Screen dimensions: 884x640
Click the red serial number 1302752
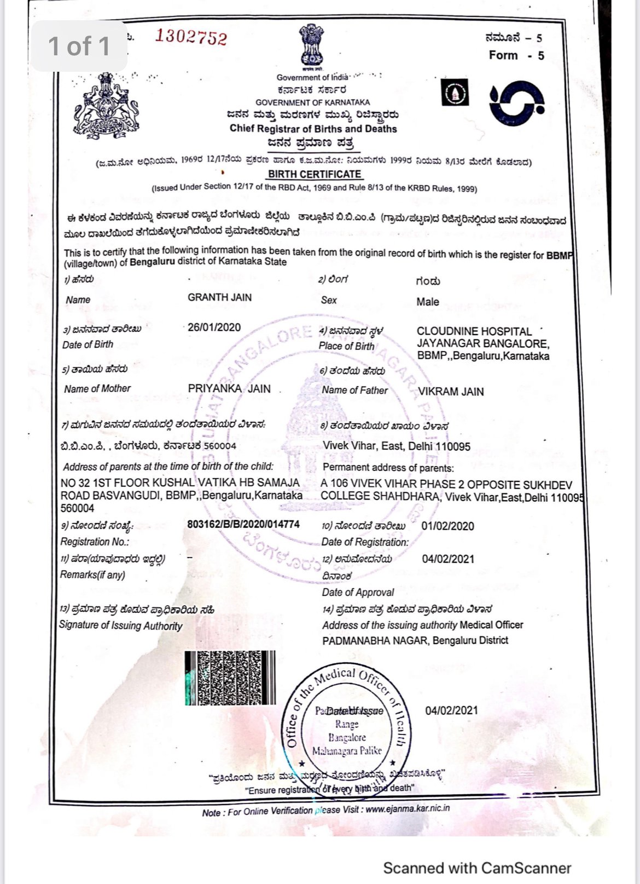pyautogui.click(x=190, y=37)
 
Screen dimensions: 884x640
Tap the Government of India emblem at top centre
pyautogui.click(x=311, y=46)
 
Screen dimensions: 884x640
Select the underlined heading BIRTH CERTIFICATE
pyautogui.click(x=315, y=174)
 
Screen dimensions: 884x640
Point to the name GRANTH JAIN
pyautogui.click(x=219, y=297)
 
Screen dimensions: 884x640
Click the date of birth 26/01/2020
pyautogui.click(x=214, y=328)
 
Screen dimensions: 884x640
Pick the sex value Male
pyautogui.click(x=427, y=302)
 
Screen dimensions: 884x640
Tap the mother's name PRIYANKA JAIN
pyautogui.click(x=229, y=389)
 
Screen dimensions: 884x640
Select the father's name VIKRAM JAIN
pyautogui.click(x=451, y=392)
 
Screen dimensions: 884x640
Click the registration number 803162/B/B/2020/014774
pyautogui.click(x=243, y=524)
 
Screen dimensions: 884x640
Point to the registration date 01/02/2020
pyautogui.click(x=447, y=526)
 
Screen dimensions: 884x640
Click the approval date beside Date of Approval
pyautogui.click(x=448, y=559)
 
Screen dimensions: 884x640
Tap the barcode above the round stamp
pyautogui.click(x=230, y=678)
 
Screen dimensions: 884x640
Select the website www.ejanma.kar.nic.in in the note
pyautogui.click(x=408, y=808)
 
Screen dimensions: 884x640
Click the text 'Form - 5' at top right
pyautogui.click(x=516, y=55)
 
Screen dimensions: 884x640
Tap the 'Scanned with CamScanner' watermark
pyautogui.click(x=477, y=868)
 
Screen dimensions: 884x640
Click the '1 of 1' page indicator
pyautogui.click(x=79, y=47)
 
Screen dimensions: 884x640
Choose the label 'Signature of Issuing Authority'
pyautogui.click(x=121, y=625)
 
